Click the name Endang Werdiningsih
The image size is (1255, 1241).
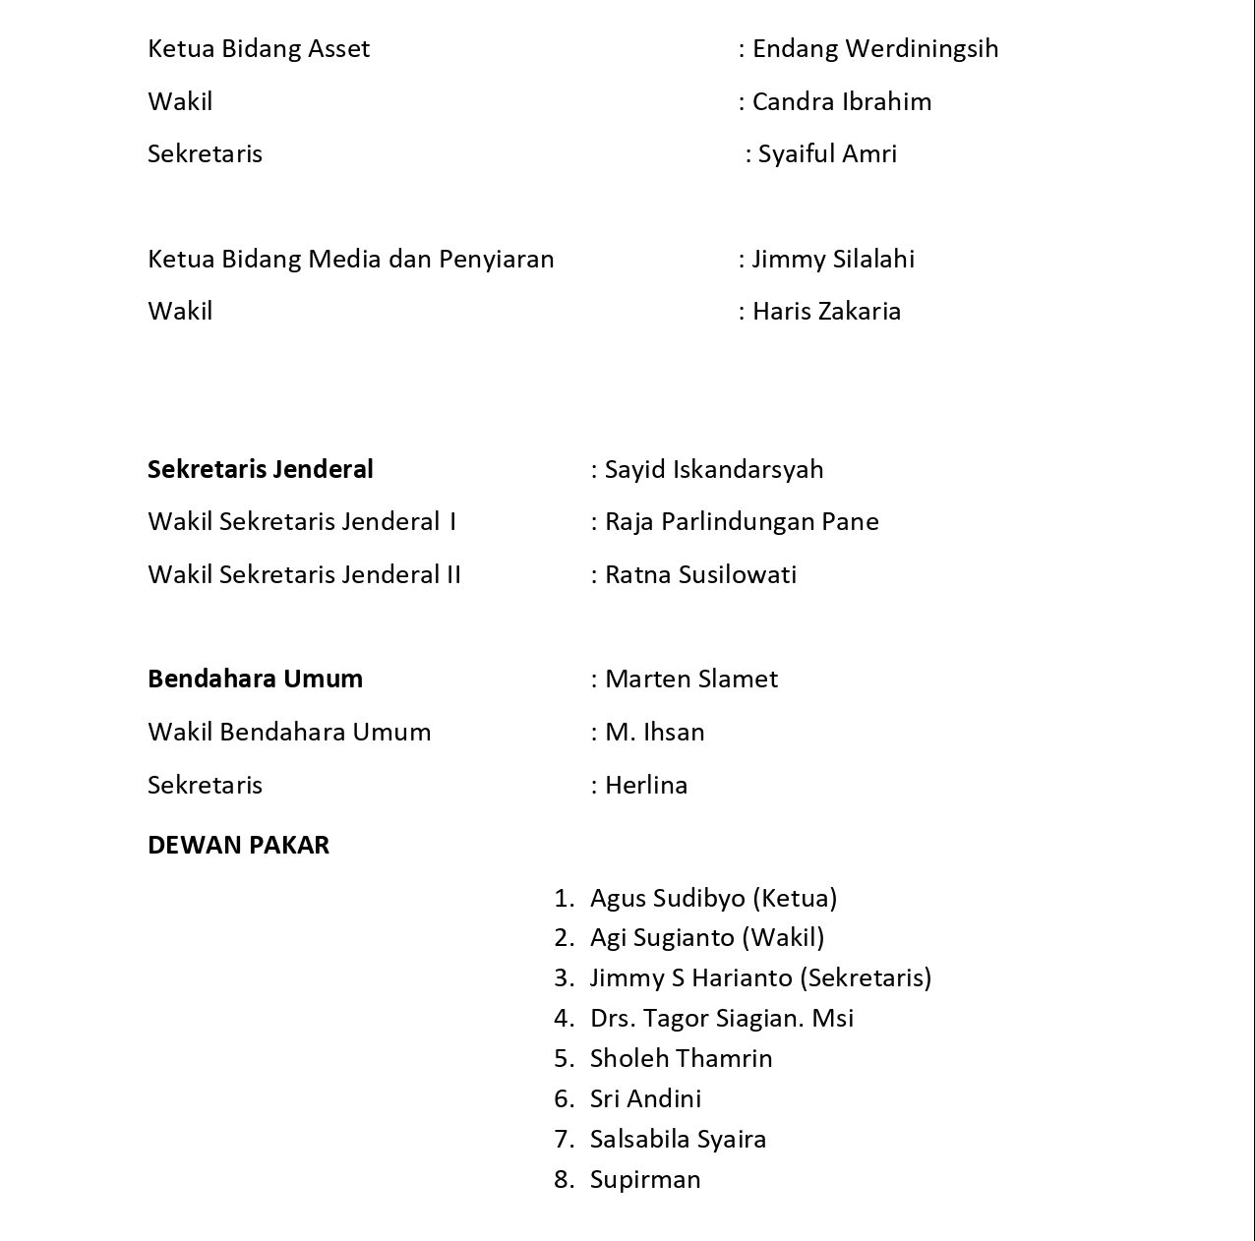click(x=874, y=49)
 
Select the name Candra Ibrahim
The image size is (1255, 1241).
click(x=841, y=101)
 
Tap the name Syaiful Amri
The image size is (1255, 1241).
click(x=827, y=154)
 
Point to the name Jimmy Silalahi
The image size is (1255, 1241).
click(x=833, y=259)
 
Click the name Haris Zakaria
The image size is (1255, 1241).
click(x=826, y=312)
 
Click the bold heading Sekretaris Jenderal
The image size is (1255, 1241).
click(x=261, y=469)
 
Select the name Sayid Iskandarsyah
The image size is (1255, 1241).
click(x=713, y=469)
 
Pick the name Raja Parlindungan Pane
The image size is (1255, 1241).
click(x=741, y=521)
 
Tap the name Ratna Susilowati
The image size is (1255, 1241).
click(x=700, y=574)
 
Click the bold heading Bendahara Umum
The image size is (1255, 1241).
click(x=255, y=679)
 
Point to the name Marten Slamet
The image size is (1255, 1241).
click(x=690, y=679)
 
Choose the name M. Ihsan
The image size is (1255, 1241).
click(x=654, y=732)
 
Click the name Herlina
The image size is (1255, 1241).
click(x=645, y=785)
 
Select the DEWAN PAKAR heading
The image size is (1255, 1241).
click(x=238, y=845)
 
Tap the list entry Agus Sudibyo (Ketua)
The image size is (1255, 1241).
click(x=713, y=898)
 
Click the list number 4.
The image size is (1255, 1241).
click(x=564, y=1018)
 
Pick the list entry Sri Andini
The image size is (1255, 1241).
click(x=645, y=1098)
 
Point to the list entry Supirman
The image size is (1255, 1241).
click(x=645, y=1179)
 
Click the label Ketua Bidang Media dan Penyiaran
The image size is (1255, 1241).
click(x=351, y=259)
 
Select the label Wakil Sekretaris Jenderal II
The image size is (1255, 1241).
click(x=304, y=574)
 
